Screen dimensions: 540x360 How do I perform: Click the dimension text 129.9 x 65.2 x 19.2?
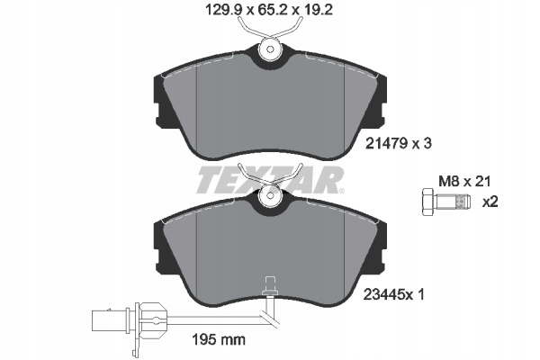(x=269, y=10)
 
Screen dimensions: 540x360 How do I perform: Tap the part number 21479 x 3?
(x=398, y=143)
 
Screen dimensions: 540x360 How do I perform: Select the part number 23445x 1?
(x=394, y=294)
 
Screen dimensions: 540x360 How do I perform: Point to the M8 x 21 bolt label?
(x=464, y=181)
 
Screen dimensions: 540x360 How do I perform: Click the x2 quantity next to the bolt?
(x=490, y=202)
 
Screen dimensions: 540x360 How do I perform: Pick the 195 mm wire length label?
(x=219, y=339)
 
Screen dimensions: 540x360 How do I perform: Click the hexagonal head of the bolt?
(x=427, y=202)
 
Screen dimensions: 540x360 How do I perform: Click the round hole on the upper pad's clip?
(x=270, y=49)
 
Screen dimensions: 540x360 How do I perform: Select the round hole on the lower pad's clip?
(x=270, y=195)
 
